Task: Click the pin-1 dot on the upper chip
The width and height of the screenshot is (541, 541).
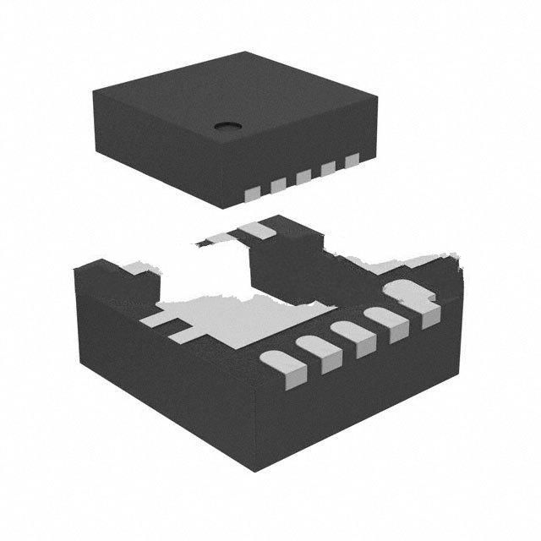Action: point(227,127)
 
